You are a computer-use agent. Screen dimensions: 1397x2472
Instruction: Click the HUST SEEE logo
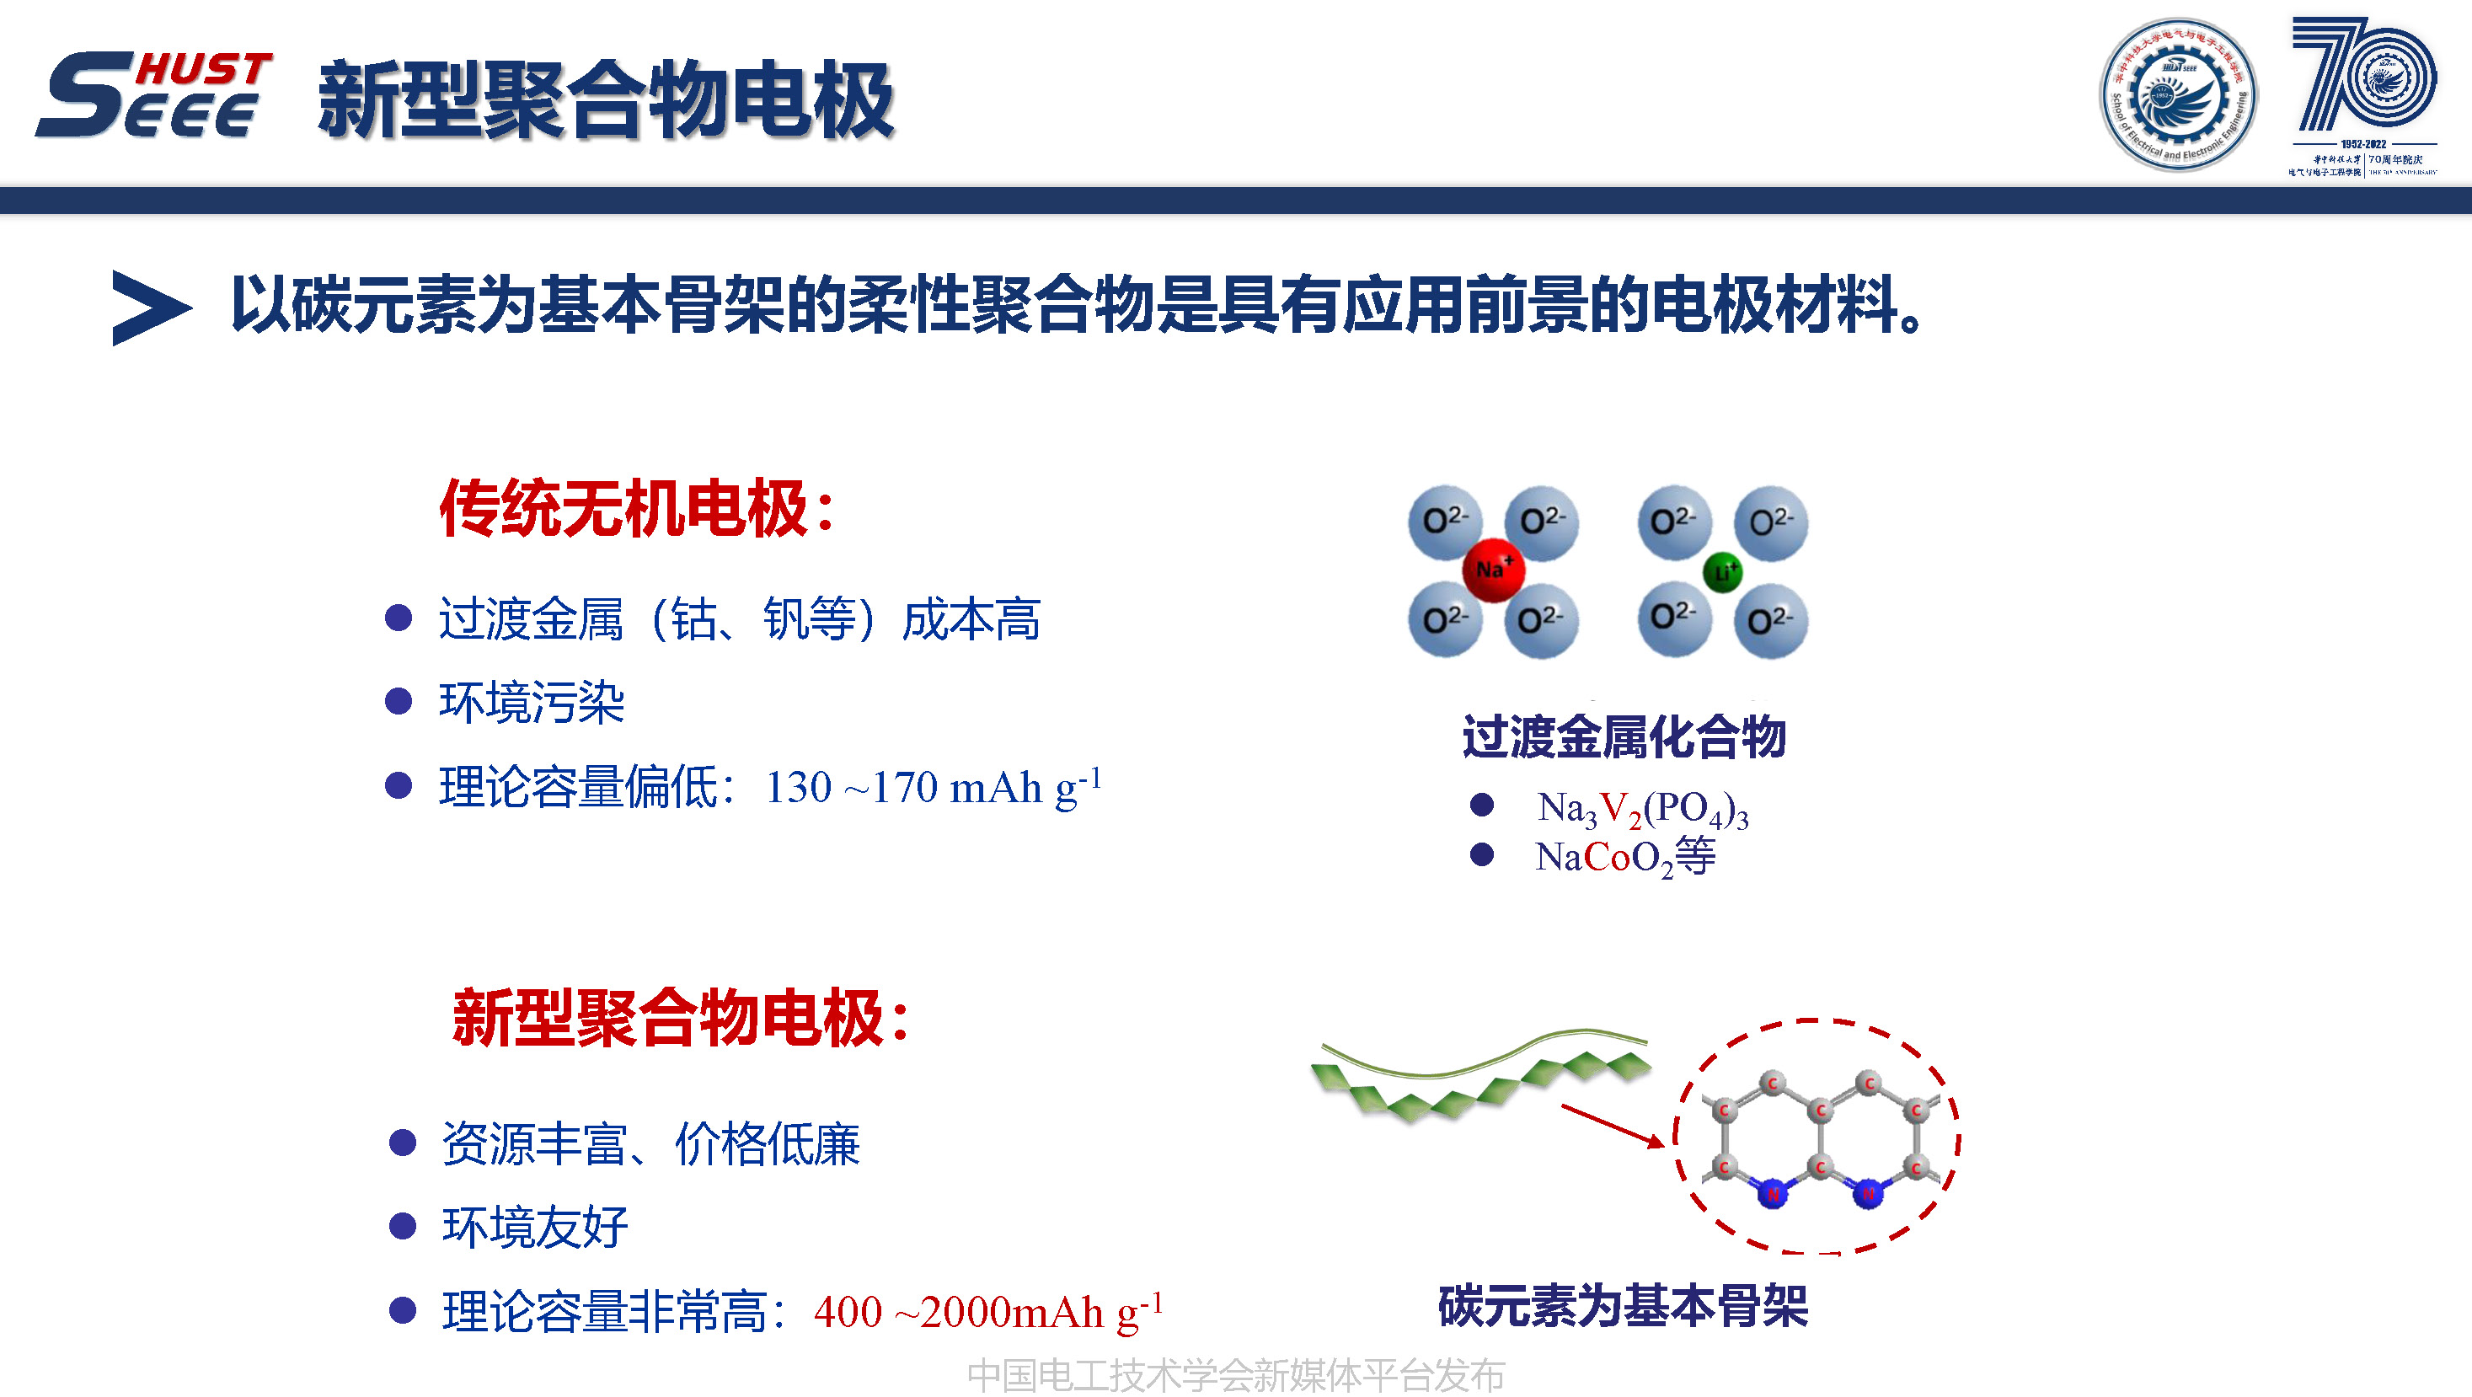coord(153,94)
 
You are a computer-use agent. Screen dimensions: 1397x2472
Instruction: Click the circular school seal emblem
coord(2178,94)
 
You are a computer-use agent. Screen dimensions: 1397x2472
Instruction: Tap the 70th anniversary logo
coord(2362,94)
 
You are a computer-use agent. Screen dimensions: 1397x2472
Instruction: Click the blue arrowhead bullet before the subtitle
coord(149,307)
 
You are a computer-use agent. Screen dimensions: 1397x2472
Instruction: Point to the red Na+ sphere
coord(1493,569)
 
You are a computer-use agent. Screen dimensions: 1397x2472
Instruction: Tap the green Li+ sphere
coord(1722,573)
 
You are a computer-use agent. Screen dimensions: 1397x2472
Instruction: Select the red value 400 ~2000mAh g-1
coord(987,1312)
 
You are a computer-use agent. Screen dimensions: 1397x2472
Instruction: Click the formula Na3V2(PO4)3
coord(1642,809)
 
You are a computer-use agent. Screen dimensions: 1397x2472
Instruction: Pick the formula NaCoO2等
coord(1624,857)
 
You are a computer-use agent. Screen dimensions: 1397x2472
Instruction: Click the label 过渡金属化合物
coord(1624,737)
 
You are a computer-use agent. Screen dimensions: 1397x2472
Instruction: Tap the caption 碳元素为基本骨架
coord(1623,1306)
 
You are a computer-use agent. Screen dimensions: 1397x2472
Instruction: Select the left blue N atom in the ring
coord(1773,1194)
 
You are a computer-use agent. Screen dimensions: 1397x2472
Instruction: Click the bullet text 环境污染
coord(531,703)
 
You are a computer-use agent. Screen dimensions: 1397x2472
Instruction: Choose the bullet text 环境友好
coord(534,1227)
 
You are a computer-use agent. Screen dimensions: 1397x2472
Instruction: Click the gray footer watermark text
coord(1235,1376)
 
